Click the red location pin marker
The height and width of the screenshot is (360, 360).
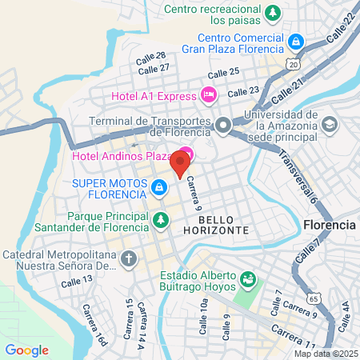(x=180, y=164)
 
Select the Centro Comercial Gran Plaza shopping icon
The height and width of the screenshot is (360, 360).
(x=296, y=41)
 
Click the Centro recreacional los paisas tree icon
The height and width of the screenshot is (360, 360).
(x=273, y=13)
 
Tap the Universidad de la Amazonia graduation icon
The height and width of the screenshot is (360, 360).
(x=330, y=126)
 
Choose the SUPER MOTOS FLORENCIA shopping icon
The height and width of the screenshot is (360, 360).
(x=159, y=187)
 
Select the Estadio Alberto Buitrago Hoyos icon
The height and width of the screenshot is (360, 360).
(x=249, y=279)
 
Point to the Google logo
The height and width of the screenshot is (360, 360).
(x=26, y=350)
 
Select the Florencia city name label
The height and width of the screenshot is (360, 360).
(x=330, y=226)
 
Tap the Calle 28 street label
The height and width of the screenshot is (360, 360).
(x=150, y=56)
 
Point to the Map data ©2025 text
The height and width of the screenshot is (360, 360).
(x=325, y=354)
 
